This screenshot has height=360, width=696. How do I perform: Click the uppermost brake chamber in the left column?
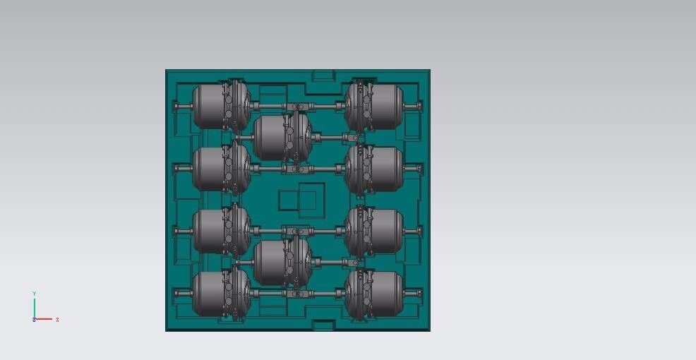click(x=222, y=107)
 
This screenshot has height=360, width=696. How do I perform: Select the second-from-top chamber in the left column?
click(x=222, y=169)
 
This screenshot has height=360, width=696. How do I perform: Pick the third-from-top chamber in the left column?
click(x=222, y=231)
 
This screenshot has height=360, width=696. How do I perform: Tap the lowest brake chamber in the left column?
click(x=222, y=293)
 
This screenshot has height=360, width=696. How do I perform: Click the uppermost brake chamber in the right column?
click(x=373, y=107)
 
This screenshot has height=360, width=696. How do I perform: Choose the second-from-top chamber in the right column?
click(x=373, y=169)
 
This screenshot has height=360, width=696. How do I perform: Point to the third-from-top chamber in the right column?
click(x=373, y=231)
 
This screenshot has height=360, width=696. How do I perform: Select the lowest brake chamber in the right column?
click(x=373, y=293)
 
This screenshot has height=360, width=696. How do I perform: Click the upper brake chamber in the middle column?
click(x=282, y=137)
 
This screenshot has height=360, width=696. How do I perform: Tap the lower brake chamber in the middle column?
click(x=282, y=262)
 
